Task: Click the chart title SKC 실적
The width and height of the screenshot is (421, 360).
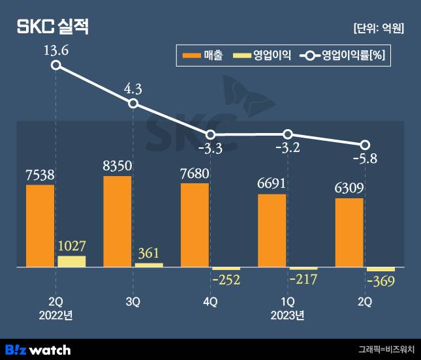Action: click(52, 27)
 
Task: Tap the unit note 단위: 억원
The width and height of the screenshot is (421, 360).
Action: click(378, 28)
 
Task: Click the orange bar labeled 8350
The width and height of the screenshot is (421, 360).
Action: click(117, 222)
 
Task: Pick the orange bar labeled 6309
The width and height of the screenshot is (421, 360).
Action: click(349, 233)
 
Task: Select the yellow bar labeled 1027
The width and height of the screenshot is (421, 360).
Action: click(72, 262)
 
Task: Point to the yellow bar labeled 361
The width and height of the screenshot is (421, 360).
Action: click(149, 265)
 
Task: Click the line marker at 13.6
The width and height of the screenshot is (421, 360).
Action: click(56, 65)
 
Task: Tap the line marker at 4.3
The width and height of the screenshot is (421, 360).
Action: click(133, 103)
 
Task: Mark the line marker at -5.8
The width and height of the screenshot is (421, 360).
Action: click(366, 144)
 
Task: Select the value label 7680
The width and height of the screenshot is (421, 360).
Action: click(195, 174)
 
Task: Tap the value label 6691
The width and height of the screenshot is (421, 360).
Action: click(272, 185)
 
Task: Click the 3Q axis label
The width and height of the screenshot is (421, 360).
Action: click(133, 302)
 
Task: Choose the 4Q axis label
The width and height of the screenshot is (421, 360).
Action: click(210, 302)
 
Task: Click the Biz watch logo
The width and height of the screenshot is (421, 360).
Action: click(37, 349)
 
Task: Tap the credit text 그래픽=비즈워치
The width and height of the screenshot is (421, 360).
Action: click(386, 349)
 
